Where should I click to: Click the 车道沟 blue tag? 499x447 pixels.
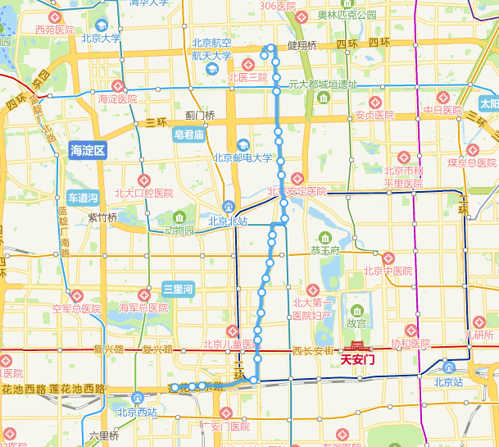(83, 198)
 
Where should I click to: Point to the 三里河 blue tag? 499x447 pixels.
(177, 289)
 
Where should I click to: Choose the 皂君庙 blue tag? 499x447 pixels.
(188, 135)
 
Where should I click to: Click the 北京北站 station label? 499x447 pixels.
(228, 221)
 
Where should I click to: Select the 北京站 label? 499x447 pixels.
(449, 381)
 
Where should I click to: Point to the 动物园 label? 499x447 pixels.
(179, 230)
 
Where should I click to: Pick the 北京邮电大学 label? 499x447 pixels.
(243, 158)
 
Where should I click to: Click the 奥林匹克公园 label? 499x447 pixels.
(347, 15)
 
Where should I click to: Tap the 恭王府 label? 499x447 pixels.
(325, 250)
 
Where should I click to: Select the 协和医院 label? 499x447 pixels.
(410, 343)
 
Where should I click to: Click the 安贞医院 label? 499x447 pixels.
(374, 115)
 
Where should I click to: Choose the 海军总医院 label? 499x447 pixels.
(143, 308)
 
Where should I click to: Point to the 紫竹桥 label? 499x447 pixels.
(102, 217)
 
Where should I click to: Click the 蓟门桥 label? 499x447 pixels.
(200, 116)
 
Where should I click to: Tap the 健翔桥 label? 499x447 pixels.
(302, 43)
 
